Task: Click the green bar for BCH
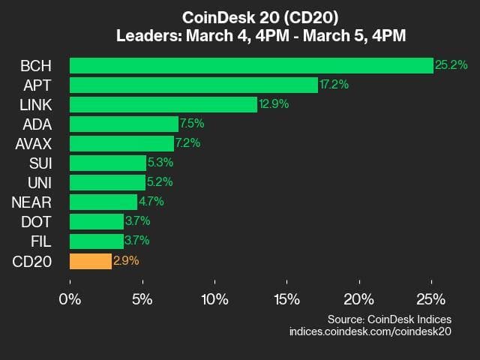(x=251, y=65)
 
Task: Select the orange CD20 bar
(x=91, y=261)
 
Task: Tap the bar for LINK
(x=163, y=104)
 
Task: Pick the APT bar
(x=193, y=85)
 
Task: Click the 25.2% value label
(x=451, y=65)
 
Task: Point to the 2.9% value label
(x=126, y=261)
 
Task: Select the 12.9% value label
(x=274, y=104)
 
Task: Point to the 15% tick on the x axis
(x=286, y=298)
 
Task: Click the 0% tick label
(x=70, y=298)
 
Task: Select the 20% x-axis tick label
(x=358, y=298)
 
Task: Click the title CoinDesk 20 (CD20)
(x=240, y=16)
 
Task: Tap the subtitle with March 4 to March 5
(x=240, y=34)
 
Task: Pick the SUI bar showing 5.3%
(x=108, y=163)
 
